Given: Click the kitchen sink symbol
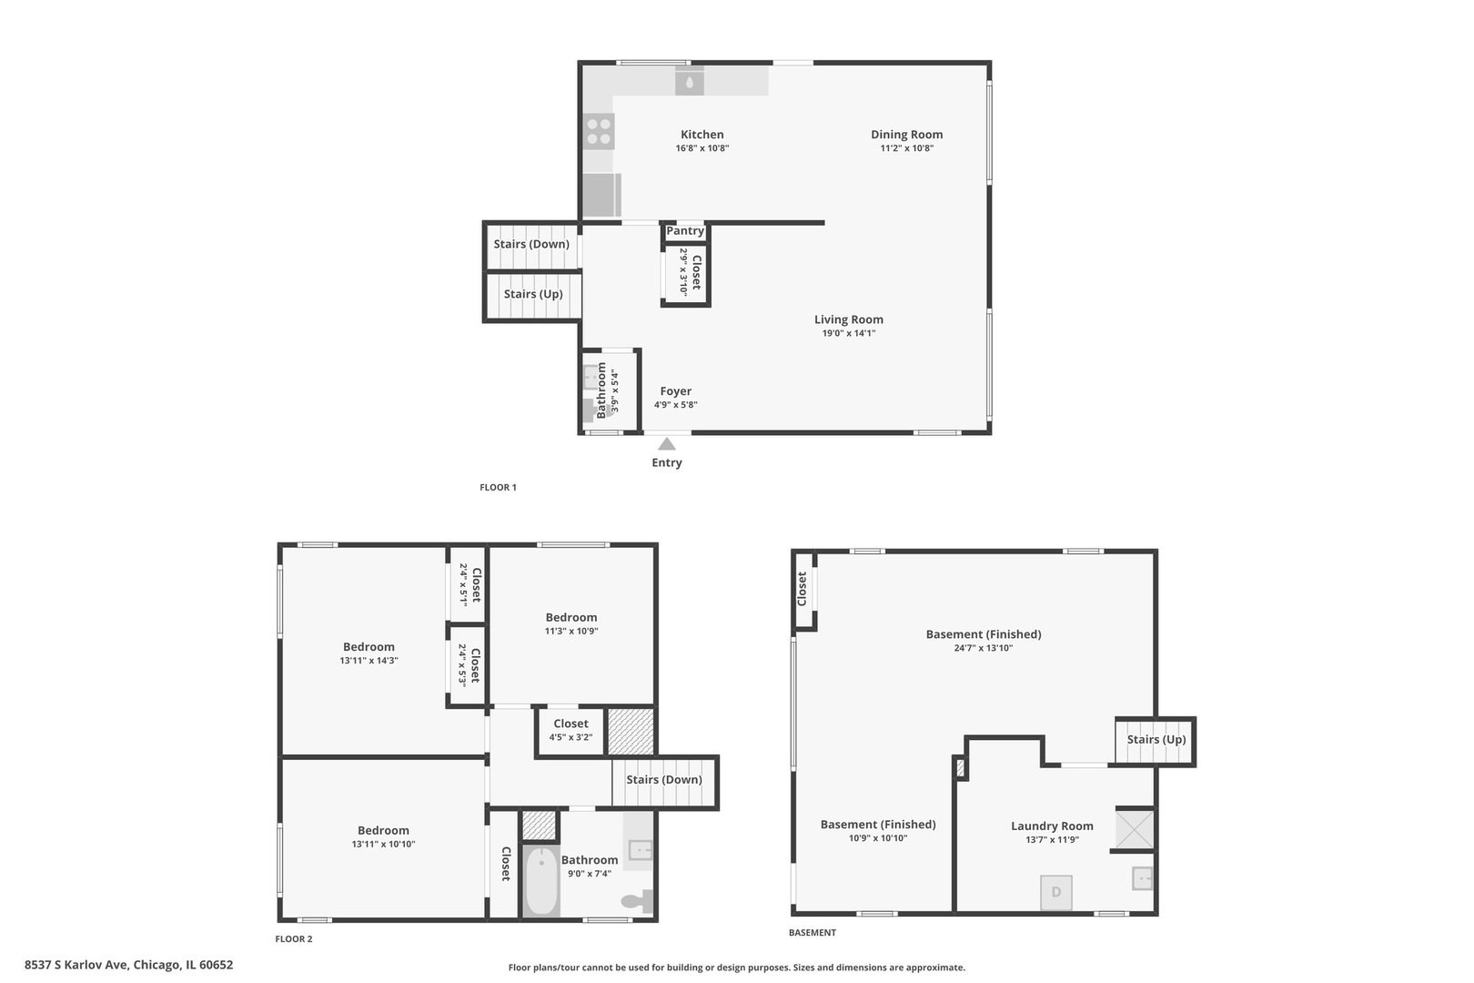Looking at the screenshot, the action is click(x=690, y=80).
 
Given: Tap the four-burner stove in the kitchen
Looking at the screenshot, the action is click(x=599, y=131).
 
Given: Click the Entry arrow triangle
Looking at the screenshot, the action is click(x=667, y=444).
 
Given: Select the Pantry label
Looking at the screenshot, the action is click(x=685, y=230).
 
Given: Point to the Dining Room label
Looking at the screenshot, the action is click(x=907, y=135).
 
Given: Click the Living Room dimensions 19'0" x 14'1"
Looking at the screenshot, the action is click(x=849, y=333).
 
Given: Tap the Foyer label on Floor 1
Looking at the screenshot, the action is click(x=676, y=391).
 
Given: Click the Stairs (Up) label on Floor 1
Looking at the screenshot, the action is click(x=533, y=294).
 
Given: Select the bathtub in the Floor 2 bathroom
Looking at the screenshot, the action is click(x=541, y=880).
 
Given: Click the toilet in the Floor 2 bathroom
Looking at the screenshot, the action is click(x=637, y=901).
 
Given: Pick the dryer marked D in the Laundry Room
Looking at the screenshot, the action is click(x=1056, y=892).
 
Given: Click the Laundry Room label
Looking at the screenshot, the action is click(x=1052, y=826).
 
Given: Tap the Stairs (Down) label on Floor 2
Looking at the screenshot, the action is click(x=664, y=779).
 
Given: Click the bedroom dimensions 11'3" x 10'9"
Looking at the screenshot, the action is click(x=571, y=631).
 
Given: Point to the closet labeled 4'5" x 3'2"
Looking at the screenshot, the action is click(x=570, y=730).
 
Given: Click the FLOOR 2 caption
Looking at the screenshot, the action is click(x=294, y=939).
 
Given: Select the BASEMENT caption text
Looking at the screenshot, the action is click(x=813, y=932).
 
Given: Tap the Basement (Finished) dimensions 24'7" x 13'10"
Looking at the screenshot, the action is click(x=983, y=648).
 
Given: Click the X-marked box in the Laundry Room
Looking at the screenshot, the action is click(x=1135, y=829).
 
